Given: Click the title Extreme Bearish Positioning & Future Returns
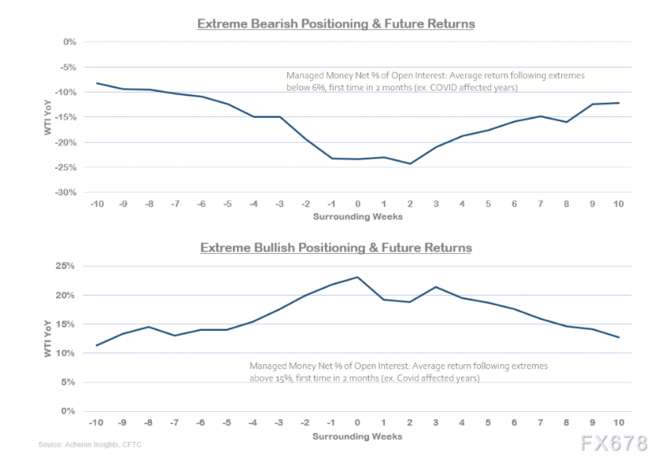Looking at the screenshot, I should click(x=336, y=23).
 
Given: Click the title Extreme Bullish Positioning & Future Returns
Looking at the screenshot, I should click(x=335, y=247).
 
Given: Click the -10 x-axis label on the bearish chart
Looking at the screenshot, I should click(x=99, y=205).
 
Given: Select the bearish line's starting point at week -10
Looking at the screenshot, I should click(x=99, y=84).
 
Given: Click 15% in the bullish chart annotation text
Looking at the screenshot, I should click(x=282, y=378).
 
